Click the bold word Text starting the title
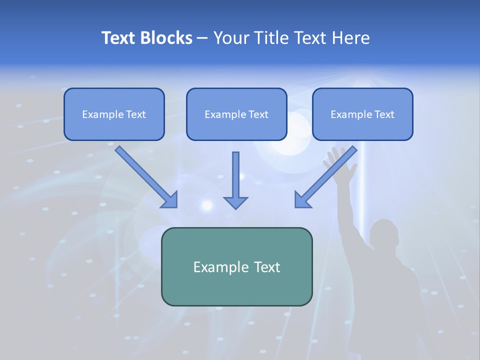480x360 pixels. [x=119, y=38]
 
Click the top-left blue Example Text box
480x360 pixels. [x=114, y=114]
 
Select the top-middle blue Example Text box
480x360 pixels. [x=236, y=114]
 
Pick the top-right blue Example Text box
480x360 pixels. [x=362, y=114]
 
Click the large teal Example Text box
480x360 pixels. [x=236, y=266]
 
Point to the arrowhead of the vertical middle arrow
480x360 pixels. [x=235, y=202]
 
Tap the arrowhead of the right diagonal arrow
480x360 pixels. [x=302, y=200]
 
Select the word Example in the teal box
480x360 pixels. [x=220, y=267]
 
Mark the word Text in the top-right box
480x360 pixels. [x=384, y=114]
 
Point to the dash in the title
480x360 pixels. [x=202, y=38]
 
